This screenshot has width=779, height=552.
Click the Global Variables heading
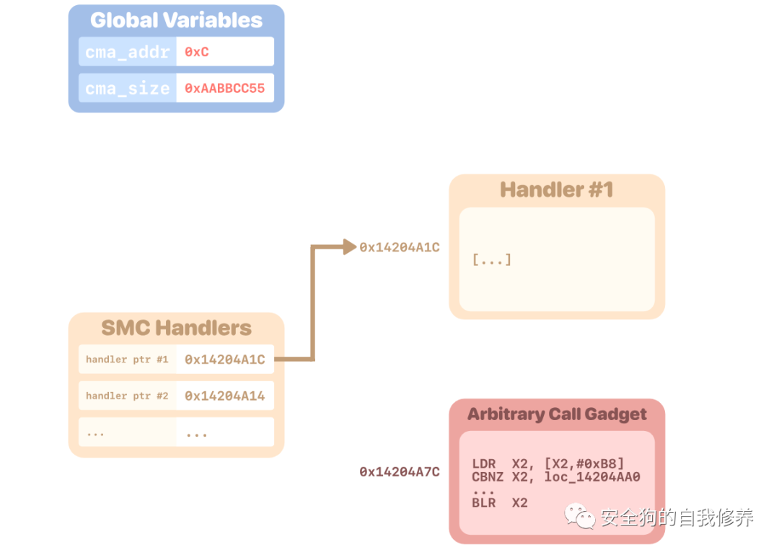(x=176, y=20)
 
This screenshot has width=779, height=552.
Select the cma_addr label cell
(x=128, y=52)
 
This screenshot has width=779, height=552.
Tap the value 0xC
(x=196, y=52)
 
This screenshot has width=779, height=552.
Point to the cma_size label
(x=128, y=89)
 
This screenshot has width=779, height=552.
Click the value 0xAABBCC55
(x=224, y=89)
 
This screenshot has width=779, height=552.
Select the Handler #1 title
(x=556, y=190)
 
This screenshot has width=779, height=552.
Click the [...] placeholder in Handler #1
(x=492, y=259)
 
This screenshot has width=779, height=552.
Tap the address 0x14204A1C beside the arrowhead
(x=400, y=247)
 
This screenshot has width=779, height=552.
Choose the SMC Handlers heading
(x=176, y=329)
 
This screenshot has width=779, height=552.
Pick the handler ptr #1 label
(x=127, y=360)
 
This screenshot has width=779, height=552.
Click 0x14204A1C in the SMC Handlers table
(x=224, y=360)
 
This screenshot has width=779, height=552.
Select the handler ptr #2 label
(x=127, y=396)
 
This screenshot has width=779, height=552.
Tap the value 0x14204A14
(x=224, y=396)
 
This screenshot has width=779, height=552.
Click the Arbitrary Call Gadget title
(x=557, y=414)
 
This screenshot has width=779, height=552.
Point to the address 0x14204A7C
(x=400, y=472)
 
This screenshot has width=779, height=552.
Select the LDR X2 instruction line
(x=547, y=463)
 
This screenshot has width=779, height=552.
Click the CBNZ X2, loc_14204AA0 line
(x=556, y=476)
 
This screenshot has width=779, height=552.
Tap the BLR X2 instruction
(x=500, y=503)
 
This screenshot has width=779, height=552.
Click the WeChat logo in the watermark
(x=581, y=516)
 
